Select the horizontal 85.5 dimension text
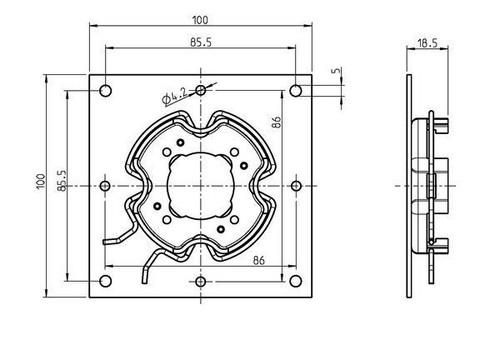click(201, 40)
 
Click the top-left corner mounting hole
click(105, 91)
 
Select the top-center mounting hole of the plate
click(201, 91)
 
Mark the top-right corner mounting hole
click(296, 91)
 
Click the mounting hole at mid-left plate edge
click(105, 186)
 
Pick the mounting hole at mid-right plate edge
click(296, 186)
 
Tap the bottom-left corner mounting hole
click(105, 282)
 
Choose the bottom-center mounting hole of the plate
click(201, 282)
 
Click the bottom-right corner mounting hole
click(296, 282)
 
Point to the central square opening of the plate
click(201, 185)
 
